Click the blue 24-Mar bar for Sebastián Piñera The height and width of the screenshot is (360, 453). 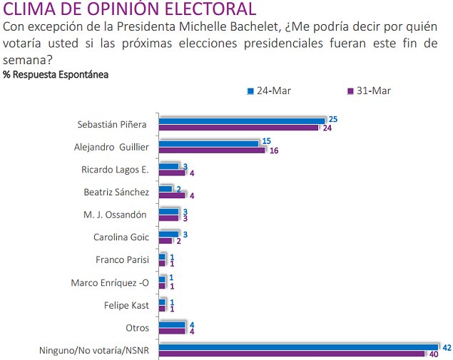click(x=241, y=120)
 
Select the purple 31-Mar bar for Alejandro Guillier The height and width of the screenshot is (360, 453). click(x=212, y=150)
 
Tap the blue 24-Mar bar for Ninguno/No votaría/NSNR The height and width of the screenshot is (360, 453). click(x=298, y=347)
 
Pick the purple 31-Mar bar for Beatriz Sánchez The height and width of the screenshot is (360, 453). click(x=171, y=195)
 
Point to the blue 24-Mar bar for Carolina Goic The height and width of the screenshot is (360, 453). click(x=168, y=234)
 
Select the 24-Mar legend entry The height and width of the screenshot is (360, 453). click(x=269, y=91)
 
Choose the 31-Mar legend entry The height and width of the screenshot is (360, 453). click(x=369, y=91)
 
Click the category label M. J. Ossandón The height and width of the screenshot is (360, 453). click(x=117, y=215)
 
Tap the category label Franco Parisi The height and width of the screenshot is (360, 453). click(x=121, y=259)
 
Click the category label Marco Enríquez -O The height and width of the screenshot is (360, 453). click(x=109, y=282)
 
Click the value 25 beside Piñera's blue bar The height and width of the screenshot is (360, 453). click(x=333, y=119)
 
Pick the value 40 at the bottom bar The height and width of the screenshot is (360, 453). click(x=433, y=354)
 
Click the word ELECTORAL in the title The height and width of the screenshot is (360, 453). click(x=200, y=10)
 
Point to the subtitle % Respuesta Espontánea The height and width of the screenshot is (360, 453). click(x=56, y=74)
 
